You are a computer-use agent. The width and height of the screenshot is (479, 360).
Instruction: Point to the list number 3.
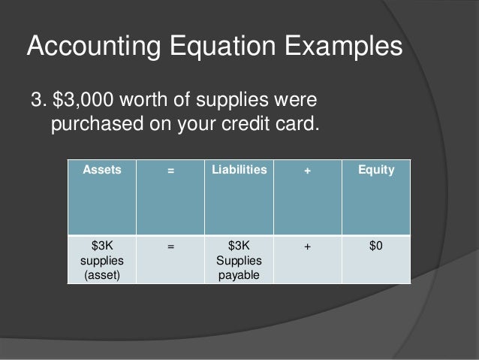tap(35, 99)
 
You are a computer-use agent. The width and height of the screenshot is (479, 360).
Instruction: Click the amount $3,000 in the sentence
tap(84, 99)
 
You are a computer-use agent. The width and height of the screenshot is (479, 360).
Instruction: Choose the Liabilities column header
tap(239, 171)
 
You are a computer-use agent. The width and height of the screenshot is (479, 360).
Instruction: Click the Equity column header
tap(376, 171)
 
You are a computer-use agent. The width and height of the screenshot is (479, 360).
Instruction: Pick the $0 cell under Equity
tap(376, 246)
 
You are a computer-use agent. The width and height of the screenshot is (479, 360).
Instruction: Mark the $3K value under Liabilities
tap(239, 246)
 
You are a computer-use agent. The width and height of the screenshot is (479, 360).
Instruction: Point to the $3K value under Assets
tap(101, 246)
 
